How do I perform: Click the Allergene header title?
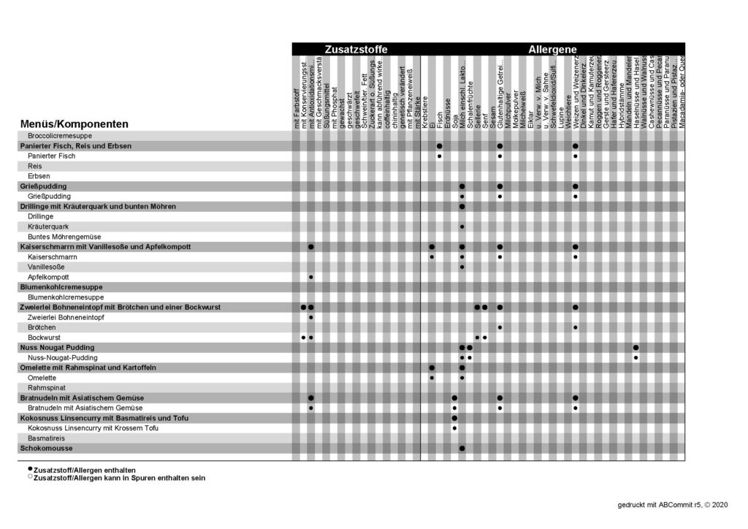coord(553,49)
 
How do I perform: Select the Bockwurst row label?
coord(45,338)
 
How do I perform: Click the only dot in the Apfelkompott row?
coord(311,278)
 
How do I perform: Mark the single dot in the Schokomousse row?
coord(462,447)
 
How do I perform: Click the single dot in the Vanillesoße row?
coord(462,267)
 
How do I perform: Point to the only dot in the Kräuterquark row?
coord(462,227)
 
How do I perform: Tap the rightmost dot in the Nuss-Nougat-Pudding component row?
coord(636,357)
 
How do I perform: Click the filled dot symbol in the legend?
coord(30,469)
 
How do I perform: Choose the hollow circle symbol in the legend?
coord(30,477)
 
